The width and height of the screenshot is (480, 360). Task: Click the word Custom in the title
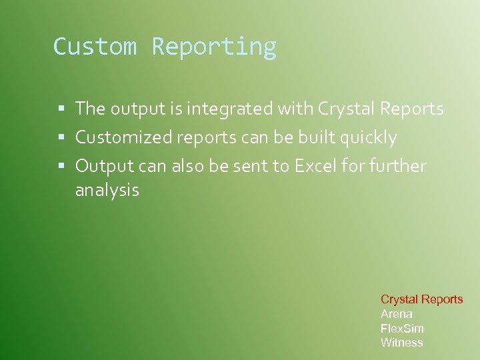coord(95,47)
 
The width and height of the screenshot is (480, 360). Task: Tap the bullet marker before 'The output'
coord(61,109)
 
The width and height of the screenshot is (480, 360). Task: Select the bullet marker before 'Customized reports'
coord(61,138)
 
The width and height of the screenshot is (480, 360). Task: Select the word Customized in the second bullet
coord(123,138)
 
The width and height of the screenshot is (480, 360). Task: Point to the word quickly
coord(369,138)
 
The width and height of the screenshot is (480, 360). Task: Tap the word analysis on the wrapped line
coord(107,191)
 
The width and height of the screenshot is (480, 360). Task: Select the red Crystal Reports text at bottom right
coord(421,299)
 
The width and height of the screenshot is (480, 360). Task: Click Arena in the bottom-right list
coord(397,314)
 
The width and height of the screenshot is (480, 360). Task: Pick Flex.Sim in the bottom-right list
coord(402,328)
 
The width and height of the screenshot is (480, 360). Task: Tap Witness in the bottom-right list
coord(402,343)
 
